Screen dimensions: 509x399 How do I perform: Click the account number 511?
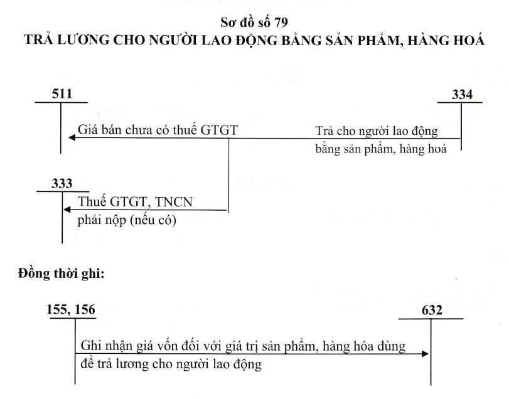(x=62, y=93)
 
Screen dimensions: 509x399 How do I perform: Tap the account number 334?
(x=463, y=94)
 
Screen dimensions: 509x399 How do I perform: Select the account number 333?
(x=62, y=184)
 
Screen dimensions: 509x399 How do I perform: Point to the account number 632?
(x=432, y=310)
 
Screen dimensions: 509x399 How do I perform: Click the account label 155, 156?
(x=71, y=309)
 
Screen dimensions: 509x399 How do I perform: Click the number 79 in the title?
(x=281, y=23)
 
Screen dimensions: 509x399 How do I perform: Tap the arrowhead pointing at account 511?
(x=72, y=138)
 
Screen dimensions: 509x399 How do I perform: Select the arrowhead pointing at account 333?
(x=67, y=210)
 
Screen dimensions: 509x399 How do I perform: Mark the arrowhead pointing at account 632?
(x=425, y=354)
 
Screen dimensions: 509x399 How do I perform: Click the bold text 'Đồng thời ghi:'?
(x=61, y=274)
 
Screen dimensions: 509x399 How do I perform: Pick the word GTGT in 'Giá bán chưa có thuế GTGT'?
(x=219, y=130)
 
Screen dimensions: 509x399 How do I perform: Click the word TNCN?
(x=174, y=202)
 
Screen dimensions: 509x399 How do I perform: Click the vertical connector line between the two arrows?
(x=228, y=175)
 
